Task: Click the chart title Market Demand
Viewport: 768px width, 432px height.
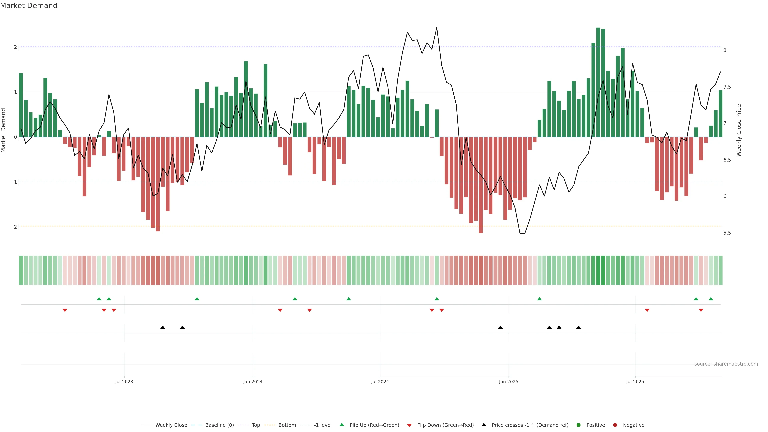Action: point(29,6)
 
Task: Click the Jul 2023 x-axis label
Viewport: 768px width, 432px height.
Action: point(124,382)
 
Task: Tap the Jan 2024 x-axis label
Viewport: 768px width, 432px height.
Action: point(253,382)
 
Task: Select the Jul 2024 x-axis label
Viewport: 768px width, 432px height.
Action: point(380,382)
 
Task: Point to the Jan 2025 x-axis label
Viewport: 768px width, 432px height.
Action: point(508,382)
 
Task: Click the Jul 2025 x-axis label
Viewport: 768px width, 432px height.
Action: point(635,382)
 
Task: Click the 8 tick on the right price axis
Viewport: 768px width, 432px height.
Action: point(725,50)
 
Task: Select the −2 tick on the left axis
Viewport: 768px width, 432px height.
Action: point(14,227)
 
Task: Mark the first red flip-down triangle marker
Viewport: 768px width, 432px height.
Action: point(65,310)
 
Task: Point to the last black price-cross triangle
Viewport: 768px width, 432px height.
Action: point(578,327)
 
